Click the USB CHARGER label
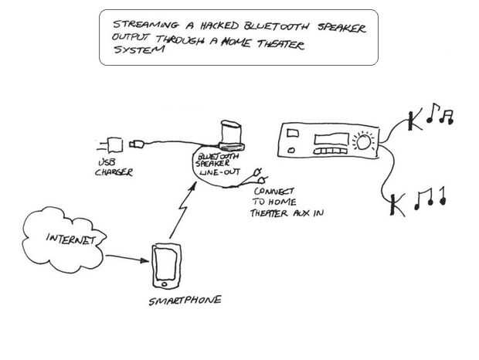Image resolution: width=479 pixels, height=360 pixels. pyautogui.click(x=112, y=168)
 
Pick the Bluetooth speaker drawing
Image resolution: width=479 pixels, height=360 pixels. pyautogui.click(x=231, y=134)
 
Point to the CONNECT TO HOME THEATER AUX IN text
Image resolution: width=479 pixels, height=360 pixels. pyautogui.click(x=284, y=200)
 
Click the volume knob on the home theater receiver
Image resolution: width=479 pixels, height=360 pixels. pyautogui.click(x=362, y=141)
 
